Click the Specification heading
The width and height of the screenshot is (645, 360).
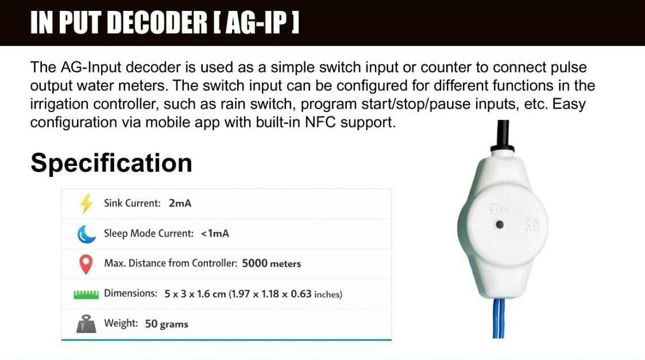pyautogui.click(x=111, y=162)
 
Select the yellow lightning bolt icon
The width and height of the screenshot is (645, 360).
pyautogui.click(x=86, y=204)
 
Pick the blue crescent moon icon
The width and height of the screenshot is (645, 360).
pyautogui.click(x=86, y=234)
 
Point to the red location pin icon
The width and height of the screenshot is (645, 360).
pyautogui.click(x=86, y=264)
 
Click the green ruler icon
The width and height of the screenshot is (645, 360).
pyautogui.click(x=86, y=295)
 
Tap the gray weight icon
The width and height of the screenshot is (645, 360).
pyautogui.click(x=86, y=324)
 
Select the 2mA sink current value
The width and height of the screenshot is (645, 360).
pyautogui.click(x=180, y=203)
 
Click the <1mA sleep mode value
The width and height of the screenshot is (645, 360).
pyautogui.click(x=215, y=234)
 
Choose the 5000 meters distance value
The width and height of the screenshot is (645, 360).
pyautogui.click(x=272, y=264)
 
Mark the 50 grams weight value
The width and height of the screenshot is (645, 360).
pyautogui.click(x=167, y=324)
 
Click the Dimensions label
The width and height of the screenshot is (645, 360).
pyautogui.click(x=130, y=293)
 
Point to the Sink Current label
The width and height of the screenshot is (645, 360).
pyautogui.click(x=132, y=203)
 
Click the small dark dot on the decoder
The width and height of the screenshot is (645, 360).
pyautogui.click(x=500, y=224)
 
